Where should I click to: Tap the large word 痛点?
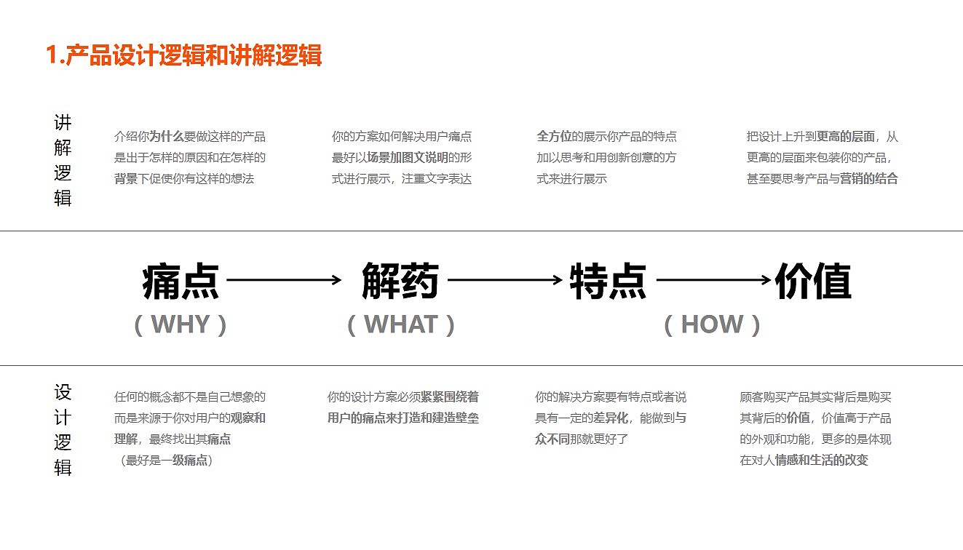(181, 282)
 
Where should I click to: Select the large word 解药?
(400, 282)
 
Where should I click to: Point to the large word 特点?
(609, 282)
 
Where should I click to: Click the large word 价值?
(813, 282)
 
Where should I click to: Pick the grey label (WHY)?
(181, 324)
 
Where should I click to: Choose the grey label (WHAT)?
(400, 324)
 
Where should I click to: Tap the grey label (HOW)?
(712, 324)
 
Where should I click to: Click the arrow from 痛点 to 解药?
(284, 279)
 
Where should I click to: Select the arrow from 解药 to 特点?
(504, 279)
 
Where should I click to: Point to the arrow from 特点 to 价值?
(713, 279)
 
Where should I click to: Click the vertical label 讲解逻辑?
(63, 160)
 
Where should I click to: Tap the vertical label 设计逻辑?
(63, 430)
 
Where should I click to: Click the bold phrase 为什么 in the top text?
(167, 136)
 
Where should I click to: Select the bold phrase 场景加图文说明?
(408, 157)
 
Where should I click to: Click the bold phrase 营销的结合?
(869, 178)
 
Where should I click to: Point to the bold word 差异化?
(611, 418)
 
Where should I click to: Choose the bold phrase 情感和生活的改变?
(822, 460)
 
